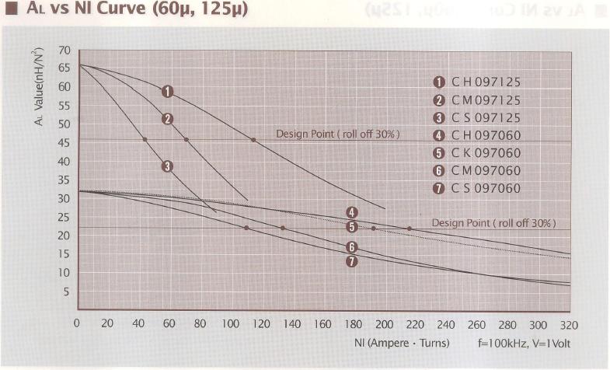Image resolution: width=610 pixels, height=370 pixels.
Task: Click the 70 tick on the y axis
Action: tap(64, 50)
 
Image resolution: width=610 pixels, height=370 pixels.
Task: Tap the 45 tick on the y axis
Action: tap(64, 143)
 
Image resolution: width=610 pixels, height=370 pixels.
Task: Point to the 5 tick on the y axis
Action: tap(67, 292)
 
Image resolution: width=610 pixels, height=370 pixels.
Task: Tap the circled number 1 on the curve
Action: tap(166, 91)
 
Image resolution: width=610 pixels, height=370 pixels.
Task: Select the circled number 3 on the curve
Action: tap(166, 166)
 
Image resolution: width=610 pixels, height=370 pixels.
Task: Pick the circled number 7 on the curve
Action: tap(352, 261)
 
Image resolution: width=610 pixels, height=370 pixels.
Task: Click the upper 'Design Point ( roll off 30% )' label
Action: tap(338, 134)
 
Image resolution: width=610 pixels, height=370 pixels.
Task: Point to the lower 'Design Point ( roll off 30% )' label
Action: tap(493, 223)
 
